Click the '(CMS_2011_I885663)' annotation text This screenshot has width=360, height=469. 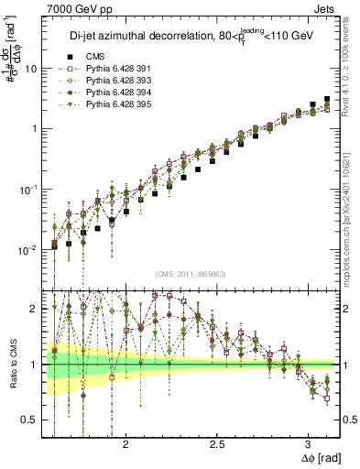(189, 274)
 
